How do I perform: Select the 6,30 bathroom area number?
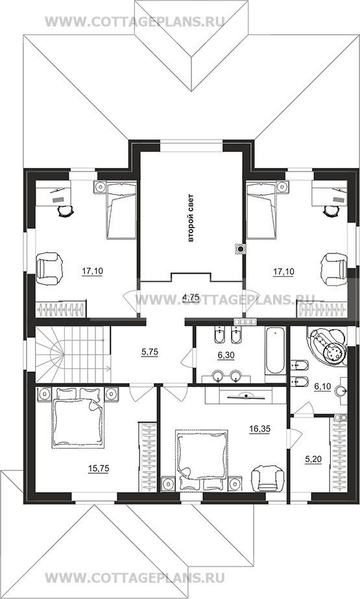tap(226, 355)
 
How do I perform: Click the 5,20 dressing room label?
tap(313, 460)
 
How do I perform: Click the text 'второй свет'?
tap(191, 218)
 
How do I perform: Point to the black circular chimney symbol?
tap(241, 250)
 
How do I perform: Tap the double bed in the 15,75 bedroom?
tap(78, 417)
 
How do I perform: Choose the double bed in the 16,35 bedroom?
tap(201, 459)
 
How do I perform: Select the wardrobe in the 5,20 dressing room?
tap(338, 455)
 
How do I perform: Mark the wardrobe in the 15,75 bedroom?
tap(147, 457)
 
